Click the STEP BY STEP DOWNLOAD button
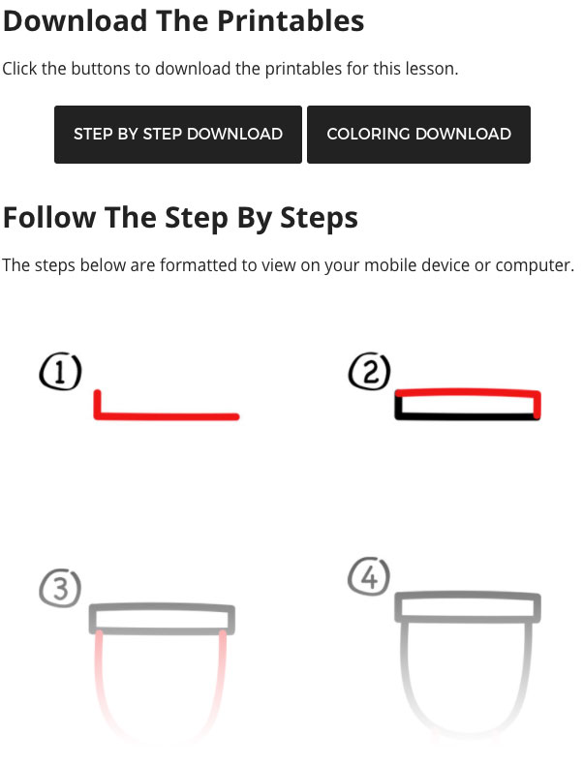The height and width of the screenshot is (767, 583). click(178, 134)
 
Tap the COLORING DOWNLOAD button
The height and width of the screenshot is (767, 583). click(418, 134)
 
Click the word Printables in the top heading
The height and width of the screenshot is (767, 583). click(291, 21)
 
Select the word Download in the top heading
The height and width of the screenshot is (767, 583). click(75, 20)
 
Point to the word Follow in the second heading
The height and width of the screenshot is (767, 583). click(49, 217)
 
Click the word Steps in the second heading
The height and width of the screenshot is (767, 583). click(319, 218)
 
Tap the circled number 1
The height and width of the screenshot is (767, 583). click(60, 372)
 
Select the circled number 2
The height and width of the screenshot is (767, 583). click(369, 371)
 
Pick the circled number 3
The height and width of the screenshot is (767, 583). click(60, 588)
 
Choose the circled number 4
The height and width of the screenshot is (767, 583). click(369, 576)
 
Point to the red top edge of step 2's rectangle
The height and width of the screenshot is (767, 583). click(467, 392)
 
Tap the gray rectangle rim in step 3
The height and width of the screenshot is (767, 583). click(162, 608)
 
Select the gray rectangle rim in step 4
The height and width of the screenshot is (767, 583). click(468, 597)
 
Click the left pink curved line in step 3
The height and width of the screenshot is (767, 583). click(103, 685)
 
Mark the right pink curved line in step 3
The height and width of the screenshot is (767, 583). click(220, 685)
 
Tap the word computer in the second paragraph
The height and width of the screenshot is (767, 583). click(535, 266)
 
